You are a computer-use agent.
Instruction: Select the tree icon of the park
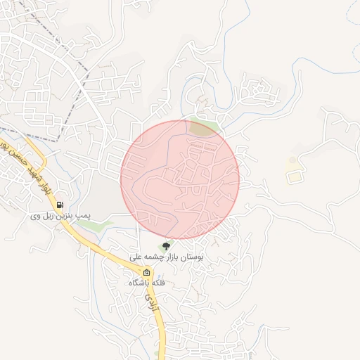coord(166,246)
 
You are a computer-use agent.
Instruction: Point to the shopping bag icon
coord(146,273)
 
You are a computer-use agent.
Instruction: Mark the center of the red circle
coord(180,179)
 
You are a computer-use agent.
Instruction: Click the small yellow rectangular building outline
coord(294,176)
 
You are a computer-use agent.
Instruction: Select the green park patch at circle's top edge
coord(203,128)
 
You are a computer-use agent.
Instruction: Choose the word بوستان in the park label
coord(191,258)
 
